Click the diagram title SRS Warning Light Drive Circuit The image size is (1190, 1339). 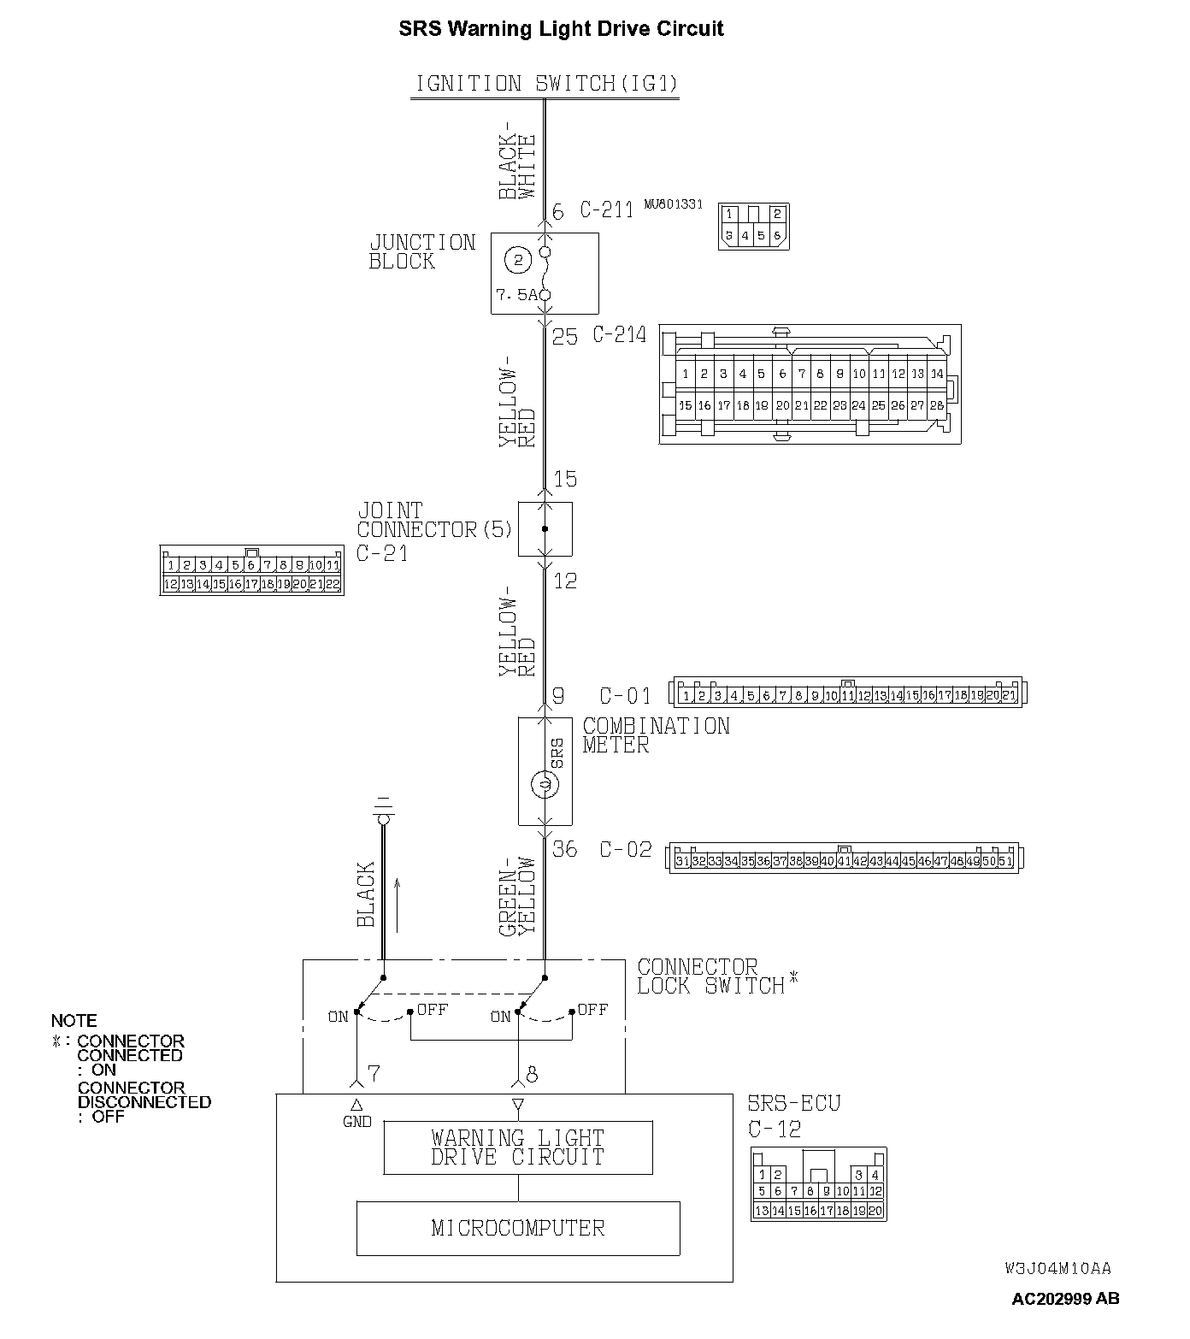click(x=561, y=28)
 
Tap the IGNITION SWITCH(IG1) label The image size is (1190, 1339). click(x=545, y=84)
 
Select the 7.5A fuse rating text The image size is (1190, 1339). click(x=516, y=295)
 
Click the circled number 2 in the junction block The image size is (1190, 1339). click(x=517, y=257)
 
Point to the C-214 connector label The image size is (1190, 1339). click(x=620, y=335)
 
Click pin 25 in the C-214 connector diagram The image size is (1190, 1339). click(x=878, y=405)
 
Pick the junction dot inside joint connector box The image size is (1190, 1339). click(x=545, y=529)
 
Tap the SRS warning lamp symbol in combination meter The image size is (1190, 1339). click(x=542, y=783)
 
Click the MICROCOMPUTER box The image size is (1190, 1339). click(x=518, y=1228)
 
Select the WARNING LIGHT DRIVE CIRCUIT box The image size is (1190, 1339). click(x=518, y=1147)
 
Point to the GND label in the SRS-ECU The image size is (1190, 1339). click(x=356, y=1121)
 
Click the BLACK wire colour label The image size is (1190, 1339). click(x=366, y=894)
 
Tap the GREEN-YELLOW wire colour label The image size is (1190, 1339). click(x=516, y=895)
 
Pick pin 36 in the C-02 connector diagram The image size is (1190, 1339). click(x=763, y=861)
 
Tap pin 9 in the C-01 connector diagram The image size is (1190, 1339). click(x=815, y=696)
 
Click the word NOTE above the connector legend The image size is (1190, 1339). click(x=74, y=1021)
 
